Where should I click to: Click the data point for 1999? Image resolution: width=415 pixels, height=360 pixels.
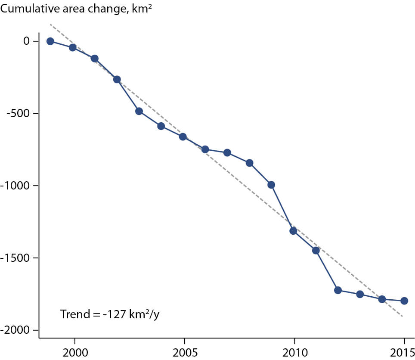[x=50, y=41]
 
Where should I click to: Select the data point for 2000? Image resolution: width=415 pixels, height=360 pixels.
[x=72, y=48]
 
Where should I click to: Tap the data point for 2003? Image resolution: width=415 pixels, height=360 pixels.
[x=139, y=111]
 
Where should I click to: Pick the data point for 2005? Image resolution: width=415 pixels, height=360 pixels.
[x=183, y=137]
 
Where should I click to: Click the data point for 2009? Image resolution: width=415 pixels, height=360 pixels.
[x=271, y=185]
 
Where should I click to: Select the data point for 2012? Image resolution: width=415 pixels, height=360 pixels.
[x=338, y=290]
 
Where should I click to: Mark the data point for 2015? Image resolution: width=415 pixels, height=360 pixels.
[x=404, y=301]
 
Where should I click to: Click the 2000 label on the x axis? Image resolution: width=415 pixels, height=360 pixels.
[x=75, y=353]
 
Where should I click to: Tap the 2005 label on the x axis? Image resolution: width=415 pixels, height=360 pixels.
[x=185, y=353]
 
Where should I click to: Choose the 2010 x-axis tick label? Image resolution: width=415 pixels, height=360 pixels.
[x=295, y=353]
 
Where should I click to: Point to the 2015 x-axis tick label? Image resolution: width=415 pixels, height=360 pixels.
[x=403, y=353]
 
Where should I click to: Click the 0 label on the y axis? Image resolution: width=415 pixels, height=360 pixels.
[x=26, y=41]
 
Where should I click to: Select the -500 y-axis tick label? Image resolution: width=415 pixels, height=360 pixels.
[x=18, y=113]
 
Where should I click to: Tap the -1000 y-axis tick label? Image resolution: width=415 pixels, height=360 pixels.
[x=15, y=186]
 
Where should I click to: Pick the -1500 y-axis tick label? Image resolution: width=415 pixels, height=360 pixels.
[x=15, y=258]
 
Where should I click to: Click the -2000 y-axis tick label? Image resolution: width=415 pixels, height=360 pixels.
[x=15, y=330]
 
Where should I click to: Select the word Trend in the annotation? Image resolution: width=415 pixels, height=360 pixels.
[x=75, y=314]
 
